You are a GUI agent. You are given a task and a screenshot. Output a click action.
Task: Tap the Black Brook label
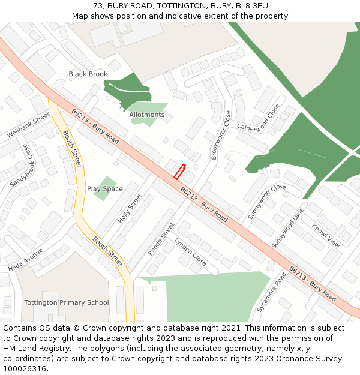tap(88, 74)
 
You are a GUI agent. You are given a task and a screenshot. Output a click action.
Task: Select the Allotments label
tap(146, 115)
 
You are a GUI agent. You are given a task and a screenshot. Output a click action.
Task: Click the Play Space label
tap(105, 189)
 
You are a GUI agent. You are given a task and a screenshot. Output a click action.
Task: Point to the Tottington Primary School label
tap(67, 302)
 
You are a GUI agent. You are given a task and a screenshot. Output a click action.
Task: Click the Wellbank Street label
tap(29, 125)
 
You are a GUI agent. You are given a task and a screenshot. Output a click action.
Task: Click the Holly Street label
tap(130, 208)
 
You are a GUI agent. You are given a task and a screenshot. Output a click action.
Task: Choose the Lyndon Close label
tap(190, 252)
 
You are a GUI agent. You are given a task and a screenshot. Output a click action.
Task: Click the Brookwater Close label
tap(221, 135)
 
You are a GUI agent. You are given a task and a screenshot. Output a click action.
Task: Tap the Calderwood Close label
tap(259, 119)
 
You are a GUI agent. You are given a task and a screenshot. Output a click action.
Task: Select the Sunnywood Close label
tap(266, 202)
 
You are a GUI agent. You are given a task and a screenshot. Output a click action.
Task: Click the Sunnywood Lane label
tap(288, 229)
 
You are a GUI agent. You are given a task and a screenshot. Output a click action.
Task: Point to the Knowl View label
tap(325, 236)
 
